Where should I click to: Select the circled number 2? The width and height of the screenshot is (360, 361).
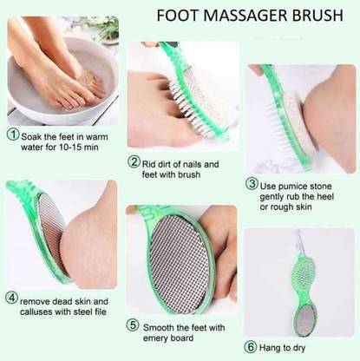pyautogui.click(x=134, y=161)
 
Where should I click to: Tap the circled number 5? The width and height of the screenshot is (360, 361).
pyautogui.click(x=133, y=325)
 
